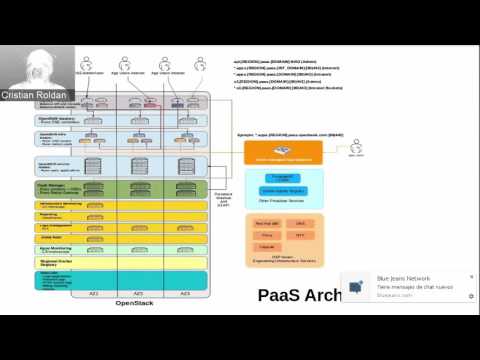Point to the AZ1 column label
click(94, 293)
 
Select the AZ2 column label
click(139, 293)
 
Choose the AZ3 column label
click(184, 293)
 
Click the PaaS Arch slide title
click(299, 295)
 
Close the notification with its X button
click(471, 277)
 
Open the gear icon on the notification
click(471, 296)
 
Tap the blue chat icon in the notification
click(357, 286)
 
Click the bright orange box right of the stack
click(284, 152)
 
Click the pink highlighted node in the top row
click(151, 103)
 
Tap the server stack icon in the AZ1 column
click(94, 166)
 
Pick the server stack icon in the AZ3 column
click(184, 166)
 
